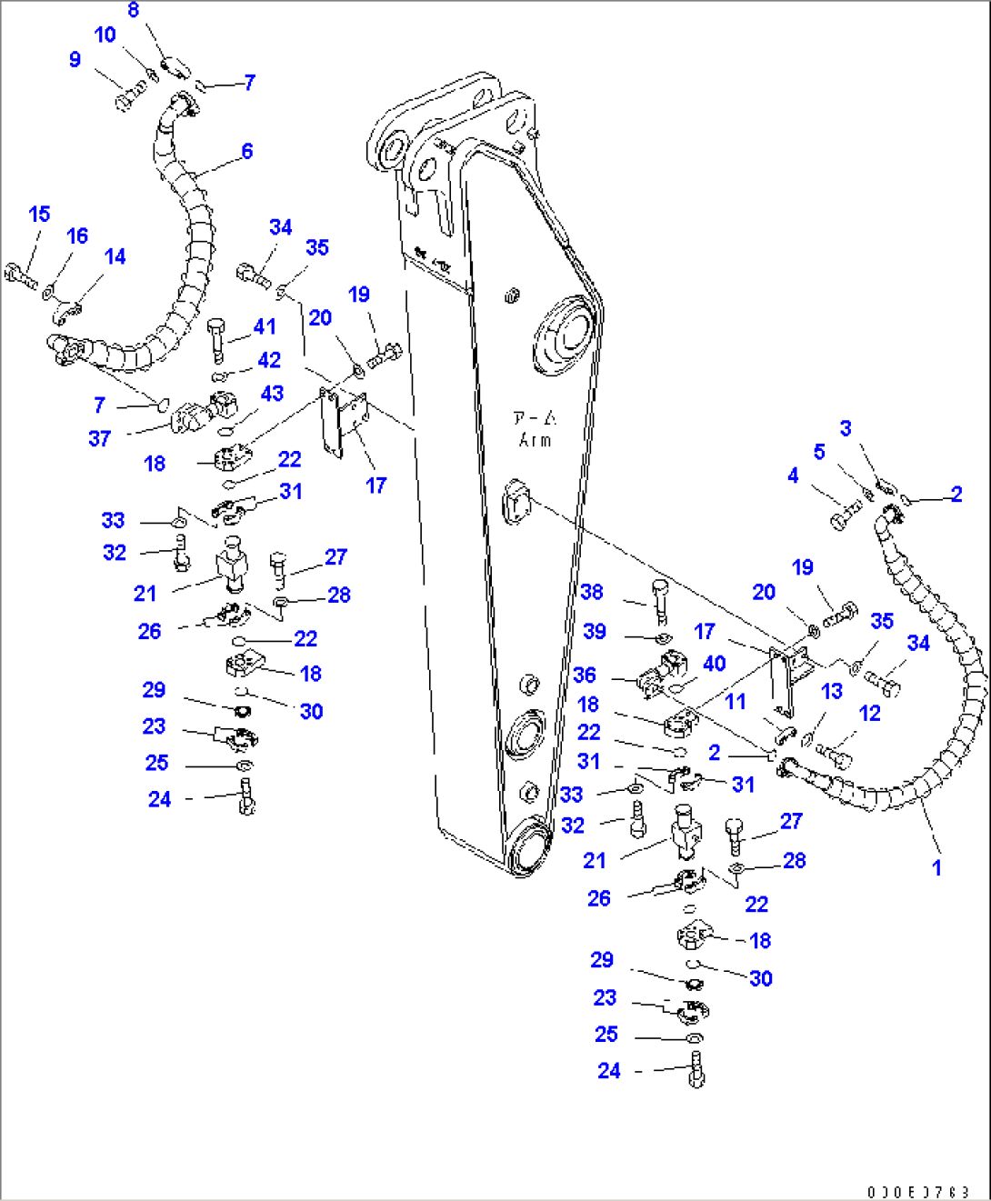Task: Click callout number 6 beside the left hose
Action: click(246, 151)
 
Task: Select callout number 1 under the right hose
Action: click(936, 867)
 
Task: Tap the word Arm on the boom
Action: click(536, 440)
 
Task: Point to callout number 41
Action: click(265, 326)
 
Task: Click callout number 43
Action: click(272, 394)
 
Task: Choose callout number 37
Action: click(99, 438)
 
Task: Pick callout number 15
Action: click(39, 215)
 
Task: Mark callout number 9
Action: click(75, 60)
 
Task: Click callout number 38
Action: click(592, 592)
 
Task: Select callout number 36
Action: click(585, 675)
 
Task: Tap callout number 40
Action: click(714, 664)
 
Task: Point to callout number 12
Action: click(869, 714)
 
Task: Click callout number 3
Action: click(846, 428)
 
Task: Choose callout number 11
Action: click(735, 701)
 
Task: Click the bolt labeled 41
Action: click(216, 335)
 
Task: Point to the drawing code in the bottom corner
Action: click(917, 1192)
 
